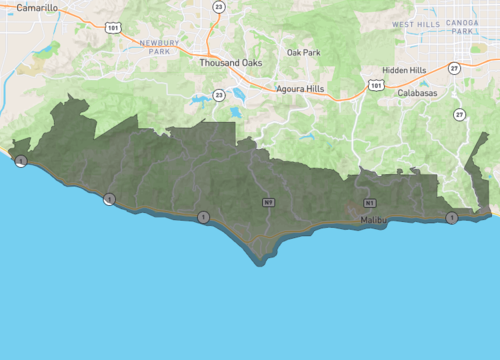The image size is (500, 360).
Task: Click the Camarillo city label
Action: pyautogui.click(x=37, y=7)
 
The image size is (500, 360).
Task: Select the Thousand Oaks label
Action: pyautogui.click(x=230, y=62)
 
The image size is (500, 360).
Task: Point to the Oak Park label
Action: pyautogui.click(x=304, y=52)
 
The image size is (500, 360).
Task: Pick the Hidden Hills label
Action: pyautogui.click(x=403, y=70)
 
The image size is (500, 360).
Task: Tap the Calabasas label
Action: pyautogui.click(x=417, y=92)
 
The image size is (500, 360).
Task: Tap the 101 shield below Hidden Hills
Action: pyautogui.click(x=375, y=86)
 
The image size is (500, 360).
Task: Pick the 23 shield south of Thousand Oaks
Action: pyautogui.click(x=218, y=95)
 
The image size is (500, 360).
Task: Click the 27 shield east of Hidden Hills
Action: pyautogui.click(x=454, y=68)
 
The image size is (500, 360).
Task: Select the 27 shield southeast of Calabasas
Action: pyautogui.click(x=458, y=114)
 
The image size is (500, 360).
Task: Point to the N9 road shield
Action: pyautogui.click(x=269, y=203)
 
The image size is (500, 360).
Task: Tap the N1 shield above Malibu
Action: pyautogui.click(x=370, y=203)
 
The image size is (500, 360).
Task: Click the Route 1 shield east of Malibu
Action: pyautogui.click(x=452, y=217)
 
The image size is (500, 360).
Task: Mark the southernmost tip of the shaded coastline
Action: pyautogui.click(x=262, y=263)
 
